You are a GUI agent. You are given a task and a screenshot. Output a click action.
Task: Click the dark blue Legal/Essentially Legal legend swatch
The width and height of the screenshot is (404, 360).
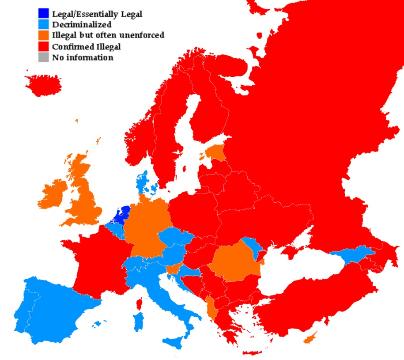coord(43,14)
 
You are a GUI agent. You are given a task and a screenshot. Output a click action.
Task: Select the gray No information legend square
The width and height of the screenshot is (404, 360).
coord(43,57)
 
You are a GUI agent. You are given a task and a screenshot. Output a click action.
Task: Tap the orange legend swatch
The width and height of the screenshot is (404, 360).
coord(43,35)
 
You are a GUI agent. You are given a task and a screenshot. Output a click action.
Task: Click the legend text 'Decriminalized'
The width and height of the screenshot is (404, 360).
coord(82,25)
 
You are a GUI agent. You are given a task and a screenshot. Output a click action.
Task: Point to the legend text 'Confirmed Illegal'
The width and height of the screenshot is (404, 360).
coord(87,46)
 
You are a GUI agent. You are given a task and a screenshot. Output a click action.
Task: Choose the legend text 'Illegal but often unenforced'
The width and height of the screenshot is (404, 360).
coord(108,35)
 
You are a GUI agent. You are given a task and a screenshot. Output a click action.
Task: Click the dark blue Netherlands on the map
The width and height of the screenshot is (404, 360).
coord(121,216)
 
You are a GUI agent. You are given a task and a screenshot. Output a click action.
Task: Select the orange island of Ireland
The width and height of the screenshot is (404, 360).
coord(53,194)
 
